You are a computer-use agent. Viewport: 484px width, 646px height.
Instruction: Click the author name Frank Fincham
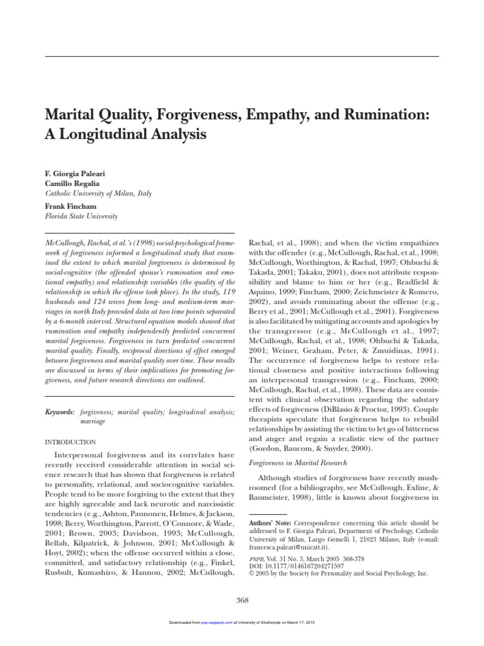click(69, 206)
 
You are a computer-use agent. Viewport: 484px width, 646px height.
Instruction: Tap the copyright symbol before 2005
click(253, 573)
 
